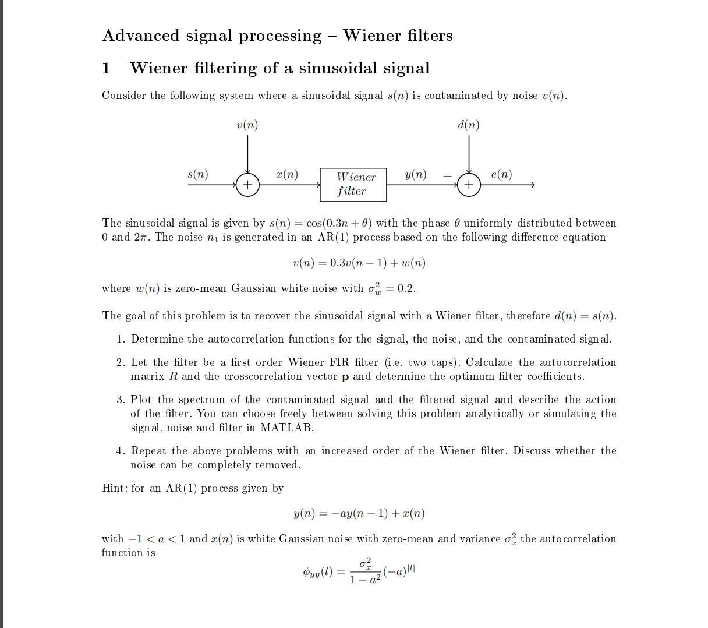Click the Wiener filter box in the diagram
coord(353,184)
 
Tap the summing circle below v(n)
coord(247,185)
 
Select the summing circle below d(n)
coord(469,185)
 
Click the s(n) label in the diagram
coord(198,174)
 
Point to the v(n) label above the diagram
coord(247,125)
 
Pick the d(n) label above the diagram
coord(469,125)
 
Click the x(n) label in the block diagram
coord(287,174)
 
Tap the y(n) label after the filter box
coord(415,174)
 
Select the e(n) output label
coord(501,174)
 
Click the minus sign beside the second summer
coord(447,175)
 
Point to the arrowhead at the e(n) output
coord(532,185)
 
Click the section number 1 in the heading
coord(106,68)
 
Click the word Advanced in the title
coord(141,36)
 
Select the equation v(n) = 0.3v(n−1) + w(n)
coord(359,263)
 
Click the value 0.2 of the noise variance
coord(406,288)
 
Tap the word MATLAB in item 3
coord(286,428)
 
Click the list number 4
coord(120,451)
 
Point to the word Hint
coord(114,488)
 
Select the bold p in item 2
coord(345,377)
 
